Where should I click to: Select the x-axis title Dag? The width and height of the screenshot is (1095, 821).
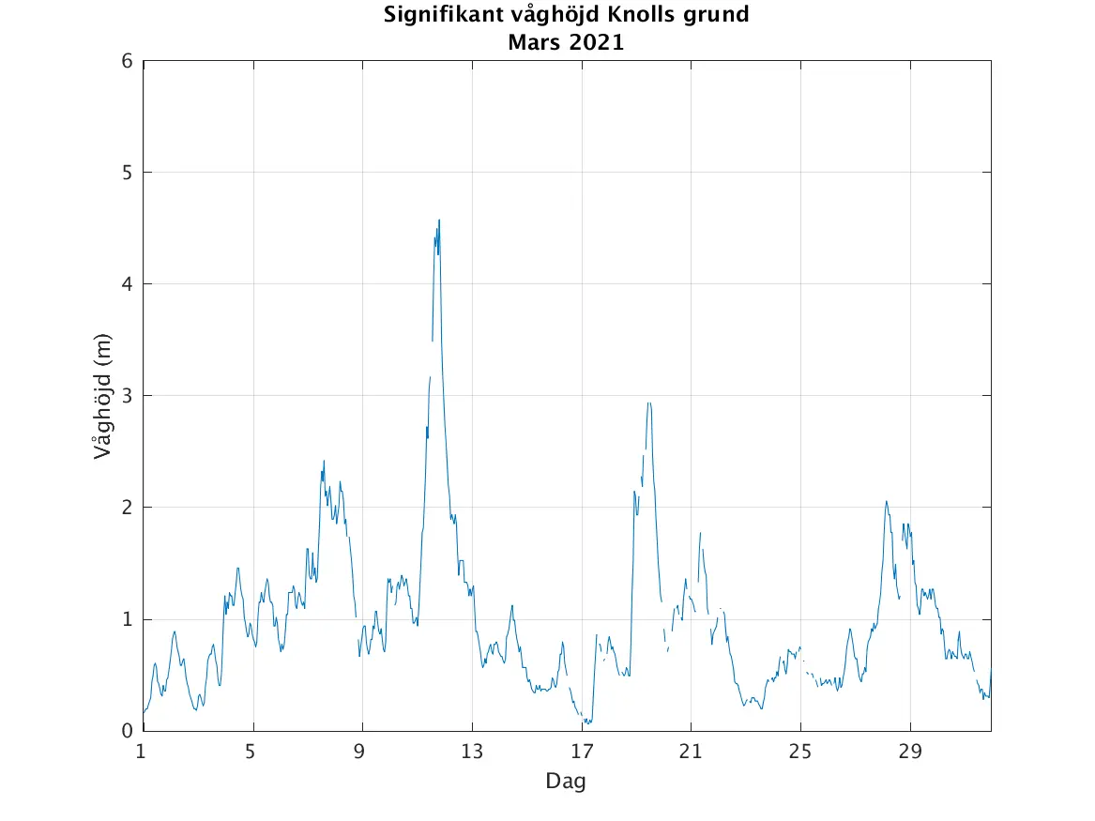pyautogui.click(x=566, y=781)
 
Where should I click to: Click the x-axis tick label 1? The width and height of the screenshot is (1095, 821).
pyautogui.click(x=142, y=751)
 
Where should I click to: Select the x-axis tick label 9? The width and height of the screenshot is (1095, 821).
pyautogui.click(x=361, y=751)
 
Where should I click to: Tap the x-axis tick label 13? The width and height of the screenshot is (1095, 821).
pyautogui.click(x=472, y=751)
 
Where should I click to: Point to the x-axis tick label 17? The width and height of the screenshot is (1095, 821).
pyautogui.click(x=582, y=751)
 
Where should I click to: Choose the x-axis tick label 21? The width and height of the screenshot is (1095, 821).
pyautogui.click(x=692, y=751)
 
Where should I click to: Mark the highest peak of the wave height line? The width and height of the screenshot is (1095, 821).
pyautogui.click(x=439, y=220)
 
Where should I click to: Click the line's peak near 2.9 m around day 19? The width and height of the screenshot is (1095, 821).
pyautogui.click(x=648, y=403)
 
